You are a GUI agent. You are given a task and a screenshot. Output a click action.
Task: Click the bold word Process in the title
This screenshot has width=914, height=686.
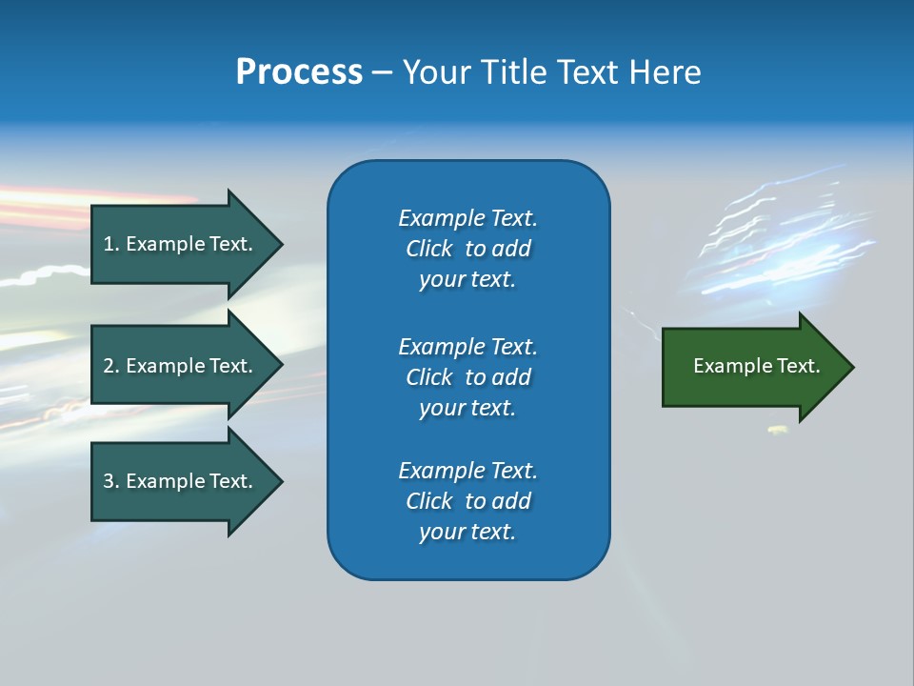(x=299, y=72)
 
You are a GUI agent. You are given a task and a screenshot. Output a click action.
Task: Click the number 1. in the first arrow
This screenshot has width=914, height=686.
(x=111, y=244)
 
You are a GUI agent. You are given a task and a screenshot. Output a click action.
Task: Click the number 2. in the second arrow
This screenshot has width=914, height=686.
(x=111, y=366)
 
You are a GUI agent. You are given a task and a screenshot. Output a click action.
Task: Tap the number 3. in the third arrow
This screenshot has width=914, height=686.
(x=111, y=481)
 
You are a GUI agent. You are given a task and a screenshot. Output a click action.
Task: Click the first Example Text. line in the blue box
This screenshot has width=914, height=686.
(x=467, y=218)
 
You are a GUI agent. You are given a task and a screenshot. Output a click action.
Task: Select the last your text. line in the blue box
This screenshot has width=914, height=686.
(x=467, y=532)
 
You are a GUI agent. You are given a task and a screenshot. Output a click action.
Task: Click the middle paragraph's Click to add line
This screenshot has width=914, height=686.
(x=467, y=377)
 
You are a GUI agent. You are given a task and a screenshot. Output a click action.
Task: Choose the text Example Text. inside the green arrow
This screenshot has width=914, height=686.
(x=757, y=366)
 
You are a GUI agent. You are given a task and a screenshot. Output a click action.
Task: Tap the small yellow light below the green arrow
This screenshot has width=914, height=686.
(x=778, y=431)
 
